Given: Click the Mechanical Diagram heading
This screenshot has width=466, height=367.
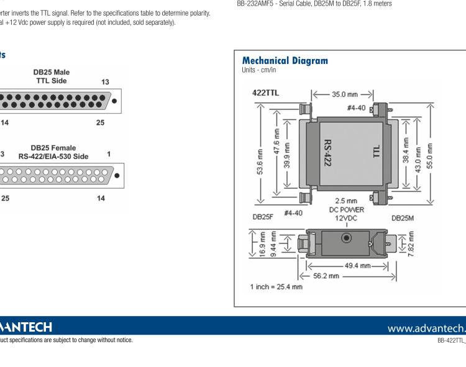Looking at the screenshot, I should (285, 61).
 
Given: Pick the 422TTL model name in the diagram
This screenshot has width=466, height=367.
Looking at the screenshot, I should (265, 92).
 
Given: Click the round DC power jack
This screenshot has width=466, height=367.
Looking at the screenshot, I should (346, 238).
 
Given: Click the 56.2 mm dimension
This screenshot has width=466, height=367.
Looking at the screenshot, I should (325, 275).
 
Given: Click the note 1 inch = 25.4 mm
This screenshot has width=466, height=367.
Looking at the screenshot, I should (276, 287).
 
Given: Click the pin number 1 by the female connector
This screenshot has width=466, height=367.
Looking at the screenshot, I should (109, 153).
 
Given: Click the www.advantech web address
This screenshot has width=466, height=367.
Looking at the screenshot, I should (425, 327).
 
